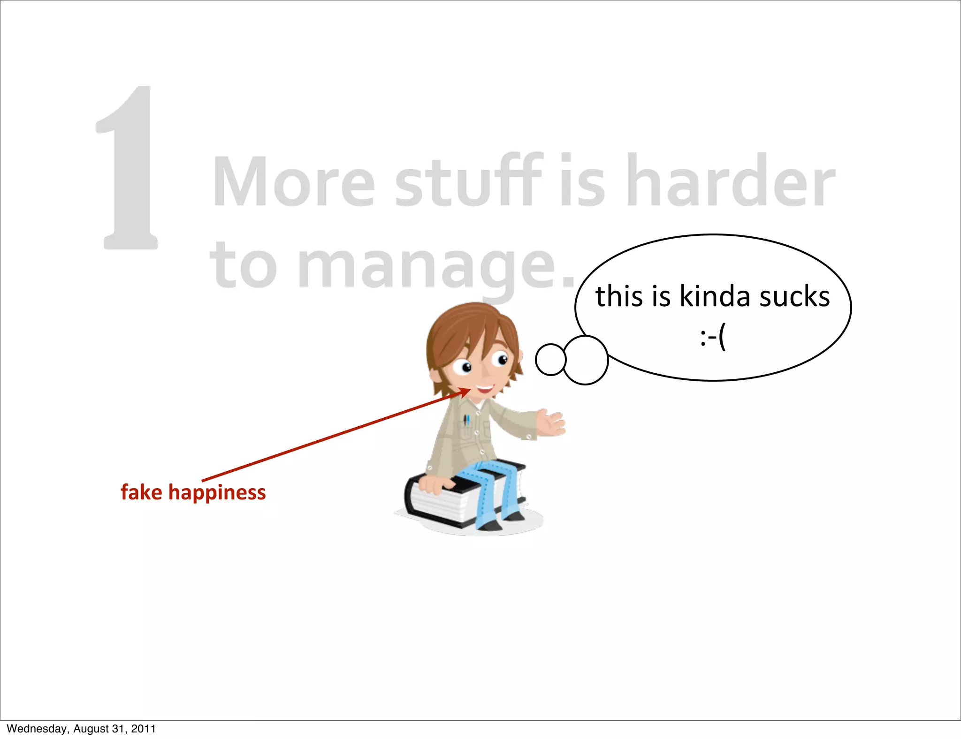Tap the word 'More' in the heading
pos(294,182)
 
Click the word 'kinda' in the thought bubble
pos(715,297)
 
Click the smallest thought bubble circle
pos(550,360)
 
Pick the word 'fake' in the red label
pos(141,492)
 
